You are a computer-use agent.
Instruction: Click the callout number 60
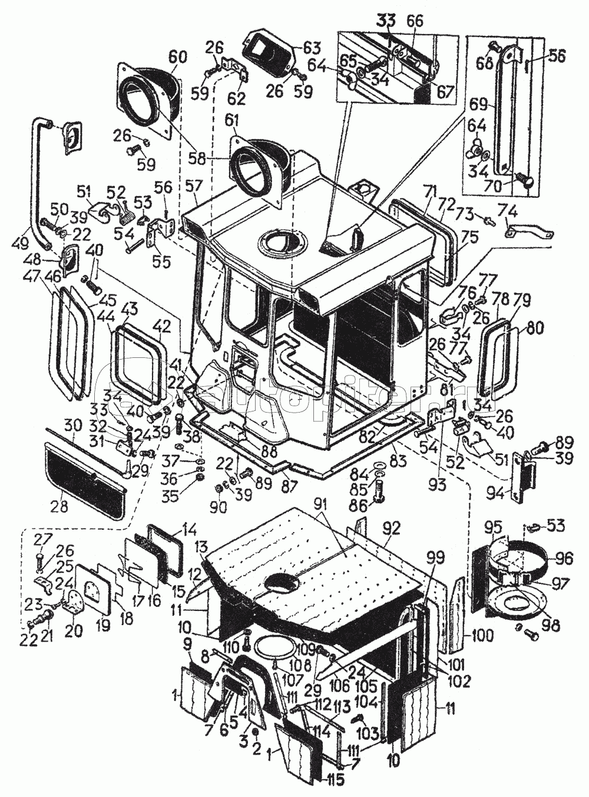click(177, 57)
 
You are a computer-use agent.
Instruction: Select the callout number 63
click(312, 47)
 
